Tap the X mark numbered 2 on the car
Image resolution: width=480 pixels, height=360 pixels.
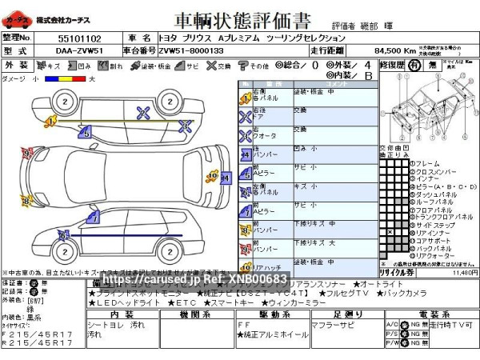pyautogui.click(x=142, y=111)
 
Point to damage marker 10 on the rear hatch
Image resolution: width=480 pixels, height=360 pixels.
pyautogui.click(x=212, y=174)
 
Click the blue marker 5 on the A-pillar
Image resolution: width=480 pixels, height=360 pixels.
pyautogui.click(x=86, y=134)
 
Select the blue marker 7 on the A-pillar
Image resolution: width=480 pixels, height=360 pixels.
pyautogui.click(x=94, y=216)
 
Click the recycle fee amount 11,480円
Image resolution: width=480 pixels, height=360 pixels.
pyautogui.click(x=465, y=273)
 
